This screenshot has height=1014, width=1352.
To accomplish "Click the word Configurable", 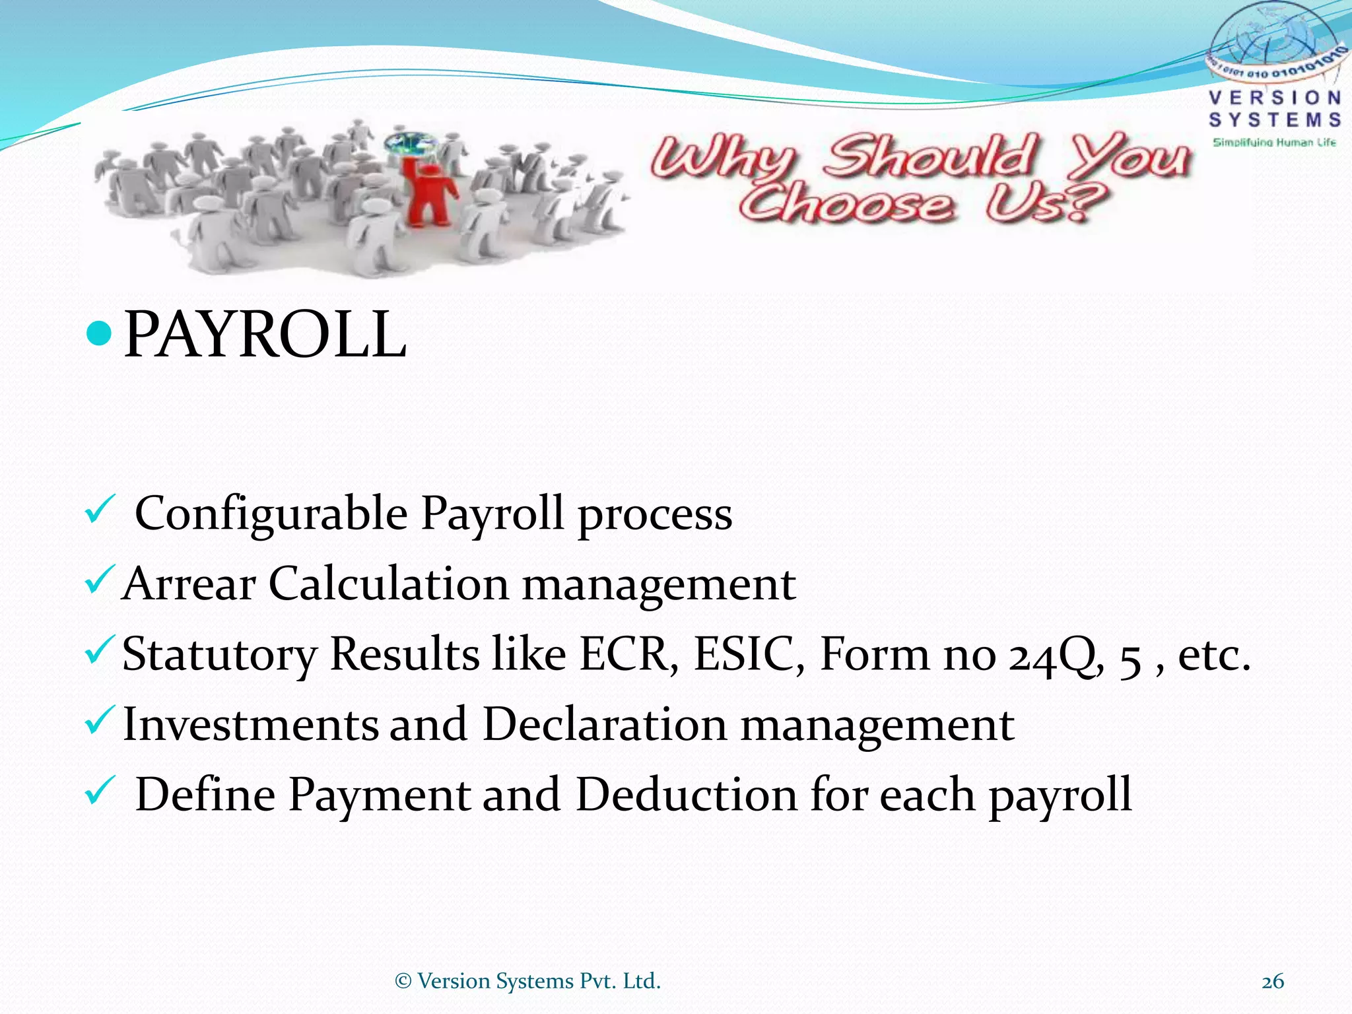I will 271,513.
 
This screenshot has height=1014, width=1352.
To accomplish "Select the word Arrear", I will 189,584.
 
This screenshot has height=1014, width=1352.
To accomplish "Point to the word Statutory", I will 219,655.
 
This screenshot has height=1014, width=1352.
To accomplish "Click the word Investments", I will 250,724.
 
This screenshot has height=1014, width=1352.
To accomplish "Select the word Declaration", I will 605,724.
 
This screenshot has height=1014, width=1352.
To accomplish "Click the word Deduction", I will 687,794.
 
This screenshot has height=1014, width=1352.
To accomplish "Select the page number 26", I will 1273,982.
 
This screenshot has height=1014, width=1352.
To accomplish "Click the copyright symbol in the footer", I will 403,982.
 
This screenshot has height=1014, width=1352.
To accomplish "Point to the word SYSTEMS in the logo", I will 1275,120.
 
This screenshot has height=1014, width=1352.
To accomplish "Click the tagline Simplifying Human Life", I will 1274,143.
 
